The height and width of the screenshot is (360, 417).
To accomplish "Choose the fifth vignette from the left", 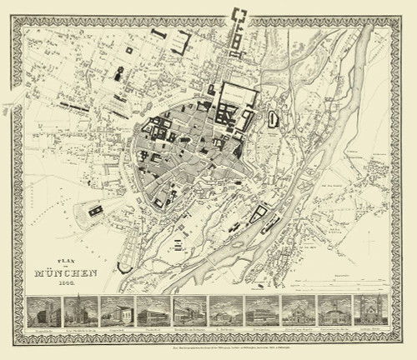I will (x=188, y=311).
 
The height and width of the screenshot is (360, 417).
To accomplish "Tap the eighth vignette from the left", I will (x=295, y=311).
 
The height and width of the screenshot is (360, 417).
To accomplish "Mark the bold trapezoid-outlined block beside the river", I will (x=260, y=216).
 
